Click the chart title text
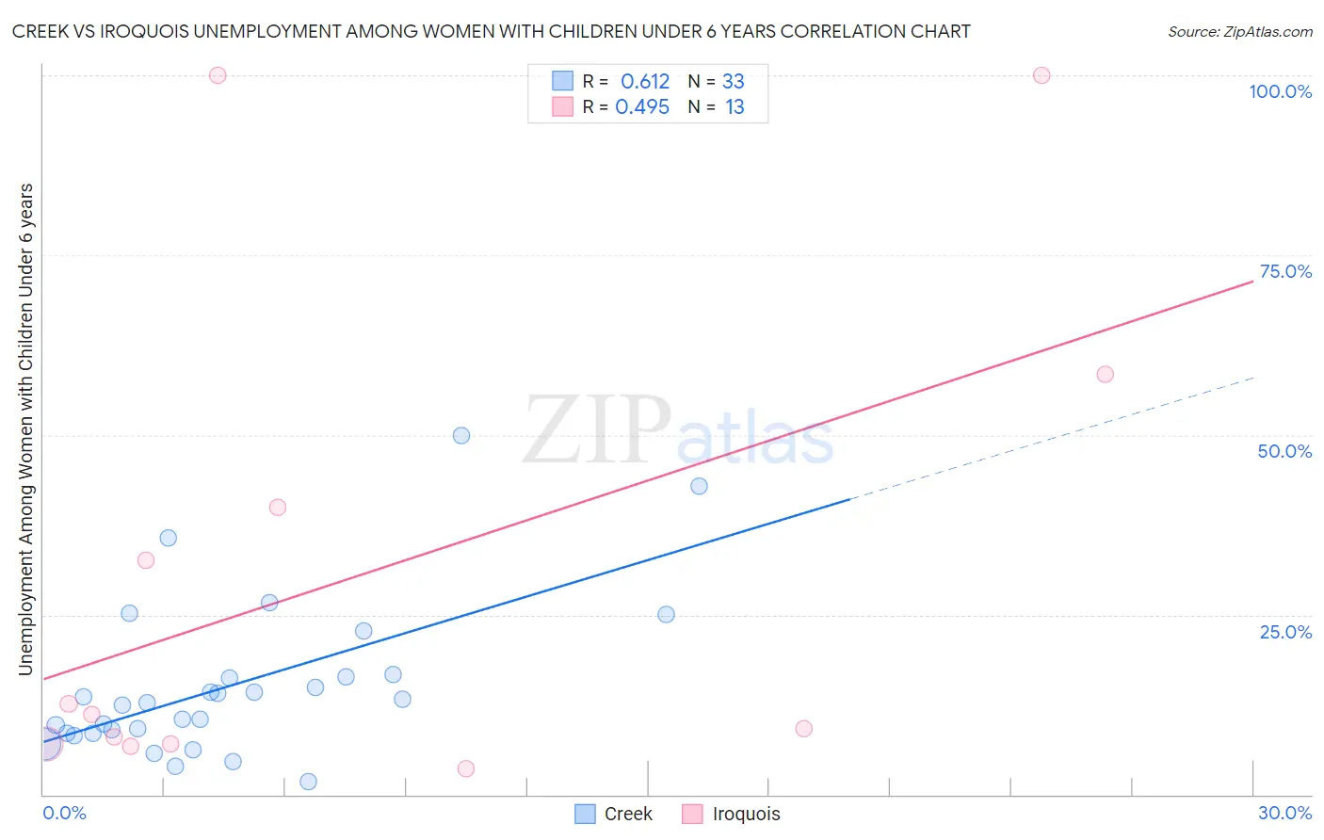click(491, 31)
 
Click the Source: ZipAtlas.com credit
click(1239, 32)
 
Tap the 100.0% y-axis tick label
click(1280, 91)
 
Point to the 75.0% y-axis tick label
click(1285, 271)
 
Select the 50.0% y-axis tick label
click(1284, 451)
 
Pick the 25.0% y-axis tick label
click(1285, 632)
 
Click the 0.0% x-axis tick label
click(64, 813)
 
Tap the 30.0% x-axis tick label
click(1284, 813)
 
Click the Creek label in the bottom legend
click(628, 814)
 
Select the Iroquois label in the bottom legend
click(746, 814)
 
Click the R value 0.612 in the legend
click(645, 82)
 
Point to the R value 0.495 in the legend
click(642, 107)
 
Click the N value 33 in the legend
click(734, 82)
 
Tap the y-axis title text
click(26, 429)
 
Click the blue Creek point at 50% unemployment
click(461, 435)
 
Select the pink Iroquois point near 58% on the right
click(1106, 375)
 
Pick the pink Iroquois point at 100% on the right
click(1041, 75)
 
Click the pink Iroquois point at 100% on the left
click(218, 75)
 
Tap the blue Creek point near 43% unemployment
click(699, 486)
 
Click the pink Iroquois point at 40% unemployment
click(278, 507)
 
